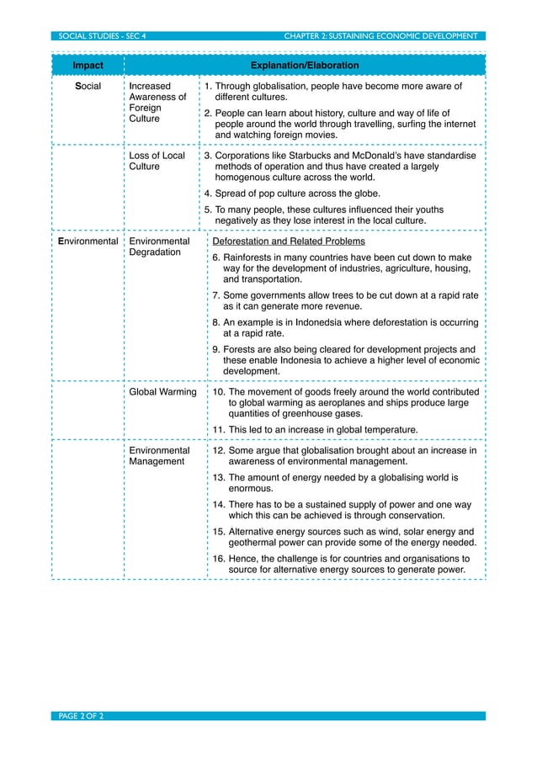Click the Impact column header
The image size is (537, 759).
point(88,66)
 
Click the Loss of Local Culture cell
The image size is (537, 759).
point(157,162)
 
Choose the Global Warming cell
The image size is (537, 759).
point(162,392)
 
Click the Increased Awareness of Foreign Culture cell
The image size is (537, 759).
point(157,103)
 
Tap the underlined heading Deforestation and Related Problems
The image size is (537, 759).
point(288,242)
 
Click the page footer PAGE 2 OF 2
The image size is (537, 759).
point(78,716)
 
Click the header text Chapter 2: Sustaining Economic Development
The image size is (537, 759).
point(380,36)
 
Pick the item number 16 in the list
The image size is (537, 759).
point(218,558)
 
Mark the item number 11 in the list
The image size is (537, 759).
point(218,430)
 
